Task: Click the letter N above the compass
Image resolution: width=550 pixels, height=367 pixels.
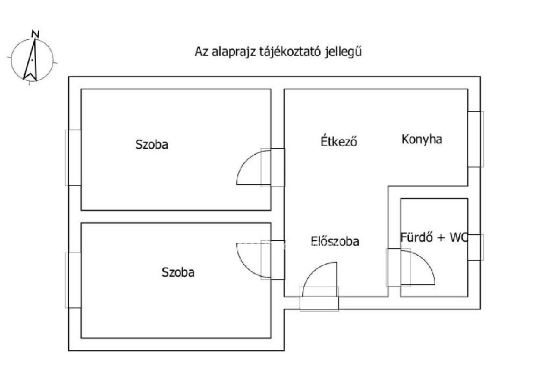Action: click(x=35, y=34)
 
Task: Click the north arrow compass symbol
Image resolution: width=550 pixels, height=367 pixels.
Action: click(x=32, y=60)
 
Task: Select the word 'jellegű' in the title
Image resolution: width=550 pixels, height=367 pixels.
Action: click(x=343, y=52)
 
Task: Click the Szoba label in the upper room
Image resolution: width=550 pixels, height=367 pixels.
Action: click(x=152, y=144)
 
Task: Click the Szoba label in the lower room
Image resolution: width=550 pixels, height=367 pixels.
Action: click(x=178, y=272)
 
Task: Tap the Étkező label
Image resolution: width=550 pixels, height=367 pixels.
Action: click(x=339, y=141)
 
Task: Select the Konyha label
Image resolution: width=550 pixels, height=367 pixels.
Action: click(x=422, y=139)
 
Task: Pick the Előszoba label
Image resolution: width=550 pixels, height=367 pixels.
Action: click(x=335, y=241)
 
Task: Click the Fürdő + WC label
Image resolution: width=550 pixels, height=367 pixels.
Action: click(x=434, y=238)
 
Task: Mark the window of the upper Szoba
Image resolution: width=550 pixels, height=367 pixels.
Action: click(x=73, y=157)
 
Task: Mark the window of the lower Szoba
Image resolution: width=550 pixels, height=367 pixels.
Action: click(x=73, y=280)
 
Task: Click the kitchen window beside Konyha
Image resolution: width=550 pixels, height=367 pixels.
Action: click(x=476, y=139)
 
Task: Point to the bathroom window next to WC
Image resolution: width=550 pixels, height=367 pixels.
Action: click(x=476, y=247)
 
